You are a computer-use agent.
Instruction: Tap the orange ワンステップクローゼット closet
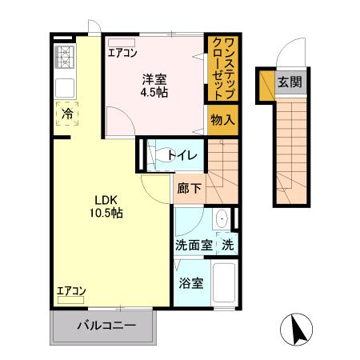[222, 69]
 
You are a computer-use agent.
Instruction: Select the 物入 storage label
[222, 120]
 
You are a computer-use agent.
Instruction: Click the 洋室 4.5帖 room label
[154, 86]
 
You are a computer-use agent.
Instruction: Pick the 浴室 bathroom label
[191, 283]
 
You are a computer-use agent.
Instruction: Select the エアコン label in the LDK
[71, 291]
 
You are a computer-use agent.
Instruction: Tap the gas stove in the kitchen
[65, 57]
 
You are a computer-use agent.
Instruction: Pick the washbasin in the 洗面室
[223, 219]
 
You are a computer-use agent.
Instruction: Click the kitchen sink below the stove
[65, 86]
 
